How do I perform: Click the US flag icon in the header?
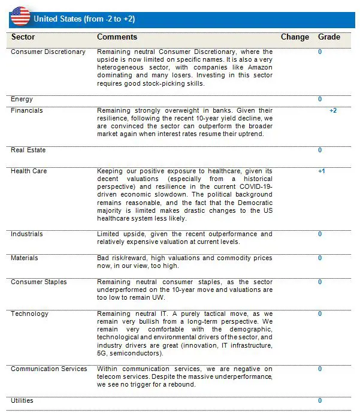click(20, 16)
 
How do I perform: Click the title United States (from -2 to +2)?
click(84, 19)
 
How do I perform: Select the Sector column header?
click(23, 37)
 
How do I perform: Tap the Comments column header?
click(117, 37)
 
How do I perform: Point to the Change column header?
click(295, 37)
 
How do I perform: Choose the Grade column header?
click(329, 37)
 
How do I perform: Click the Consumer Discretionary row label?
click(48, 52)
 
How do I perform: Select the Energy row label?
click(22, 100)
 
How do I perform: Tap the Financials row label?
click(27, 111)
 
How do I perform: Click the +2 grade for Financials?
click(333, 111)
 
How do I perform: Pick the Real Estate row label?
click(28, 150)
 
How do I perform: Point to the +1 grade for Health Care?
click(322, 171)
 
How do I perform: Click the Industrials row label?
click(26, 234)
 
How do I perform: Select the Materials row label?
click(24, 258)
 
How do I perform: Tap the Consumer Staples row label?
click(38, 282)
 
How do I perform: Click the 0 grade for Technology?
click(320, 314)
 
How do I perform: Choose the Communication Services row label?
click(49, 369)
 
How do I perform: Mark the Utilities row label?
click(22, 400)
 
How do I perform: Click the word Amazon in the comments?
click(259, 68)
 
